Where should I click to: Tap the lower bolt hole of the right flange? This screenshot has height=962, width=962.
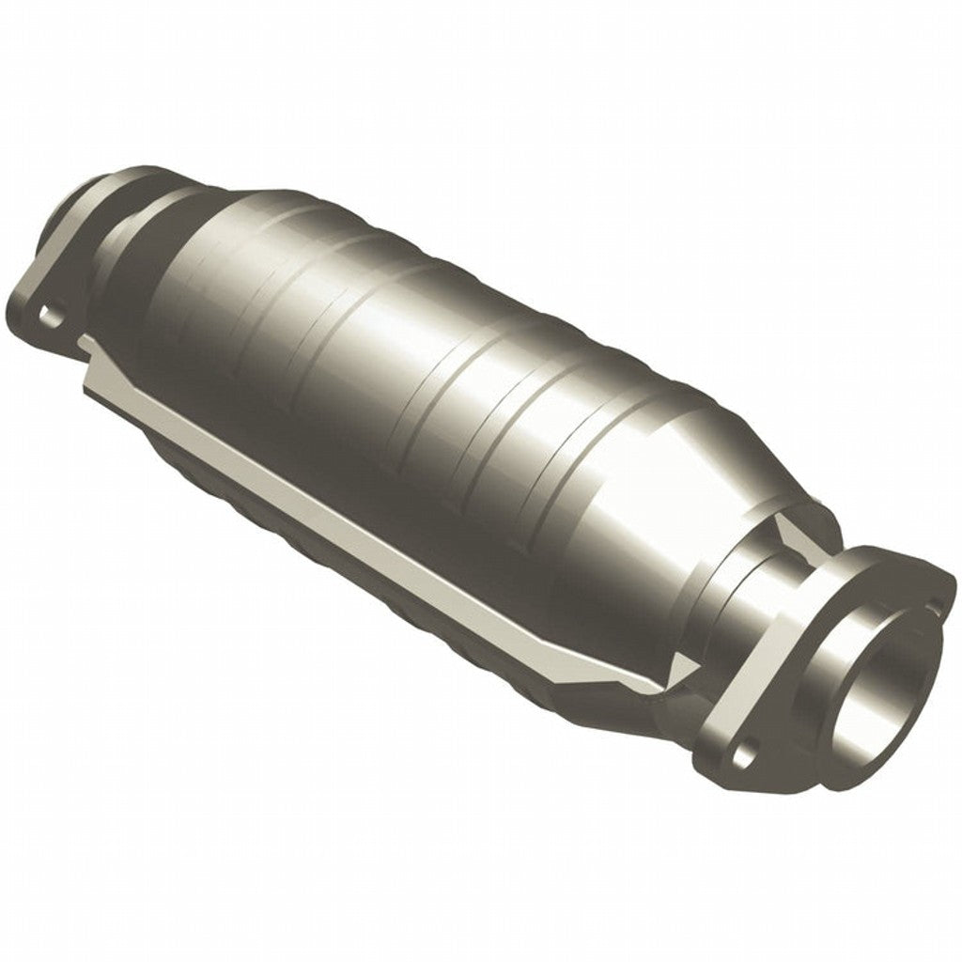(745, 752)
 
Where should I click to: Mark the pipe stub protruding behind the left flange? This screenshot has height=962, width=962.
(85, 202)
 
